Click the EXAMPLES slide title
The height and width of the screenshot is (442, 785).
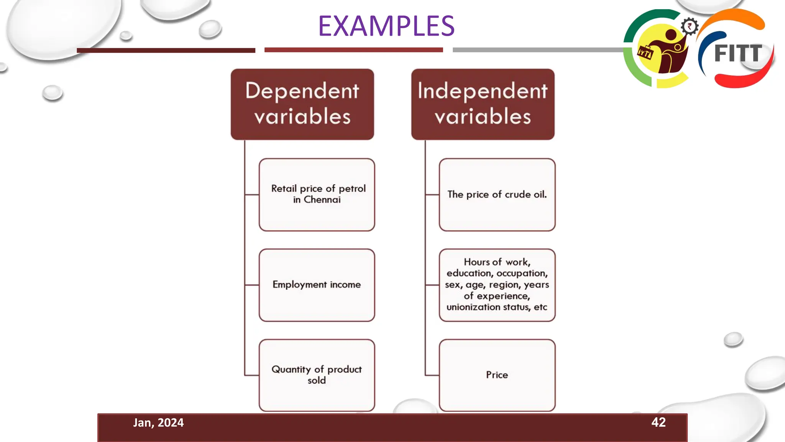click(386, 26)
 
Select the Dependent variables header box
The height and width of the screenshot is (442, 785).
click(302, 104)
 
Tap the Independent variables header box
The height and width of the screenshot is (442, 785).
click(483, 104)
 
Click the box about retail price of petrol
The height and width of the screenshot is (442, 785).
click(317, 195)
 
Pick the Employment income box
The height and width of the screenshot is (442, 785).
click(317, 285)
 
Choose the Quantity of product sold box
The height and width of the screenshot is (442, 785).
click(317, 375)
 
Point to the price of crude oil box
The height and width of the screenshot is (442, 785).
click(497, 195)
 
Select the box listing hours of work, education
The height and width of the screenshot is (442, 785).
click(497, 285)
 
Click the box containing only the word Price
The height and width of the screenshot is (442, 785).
click(497, 375)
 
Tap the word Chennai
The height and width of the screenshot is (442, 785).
click(322, 200)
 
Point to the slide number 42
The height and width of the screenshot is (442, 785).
click(658, 422)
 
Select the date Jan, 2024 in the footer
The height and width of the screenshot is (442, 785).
click(158, 422)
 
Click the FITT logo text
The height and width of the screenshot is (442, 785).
click(738, 53)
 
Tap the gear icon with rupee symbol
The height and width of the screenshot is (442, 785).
click(690, 26)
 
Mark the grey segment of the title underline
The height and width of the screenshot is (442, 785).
click(537, 50)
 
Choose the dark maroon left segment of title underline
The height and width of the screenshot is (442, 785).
click(166, 50)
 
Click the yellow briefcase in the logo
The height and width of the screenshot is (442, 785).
click(645, 53)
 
